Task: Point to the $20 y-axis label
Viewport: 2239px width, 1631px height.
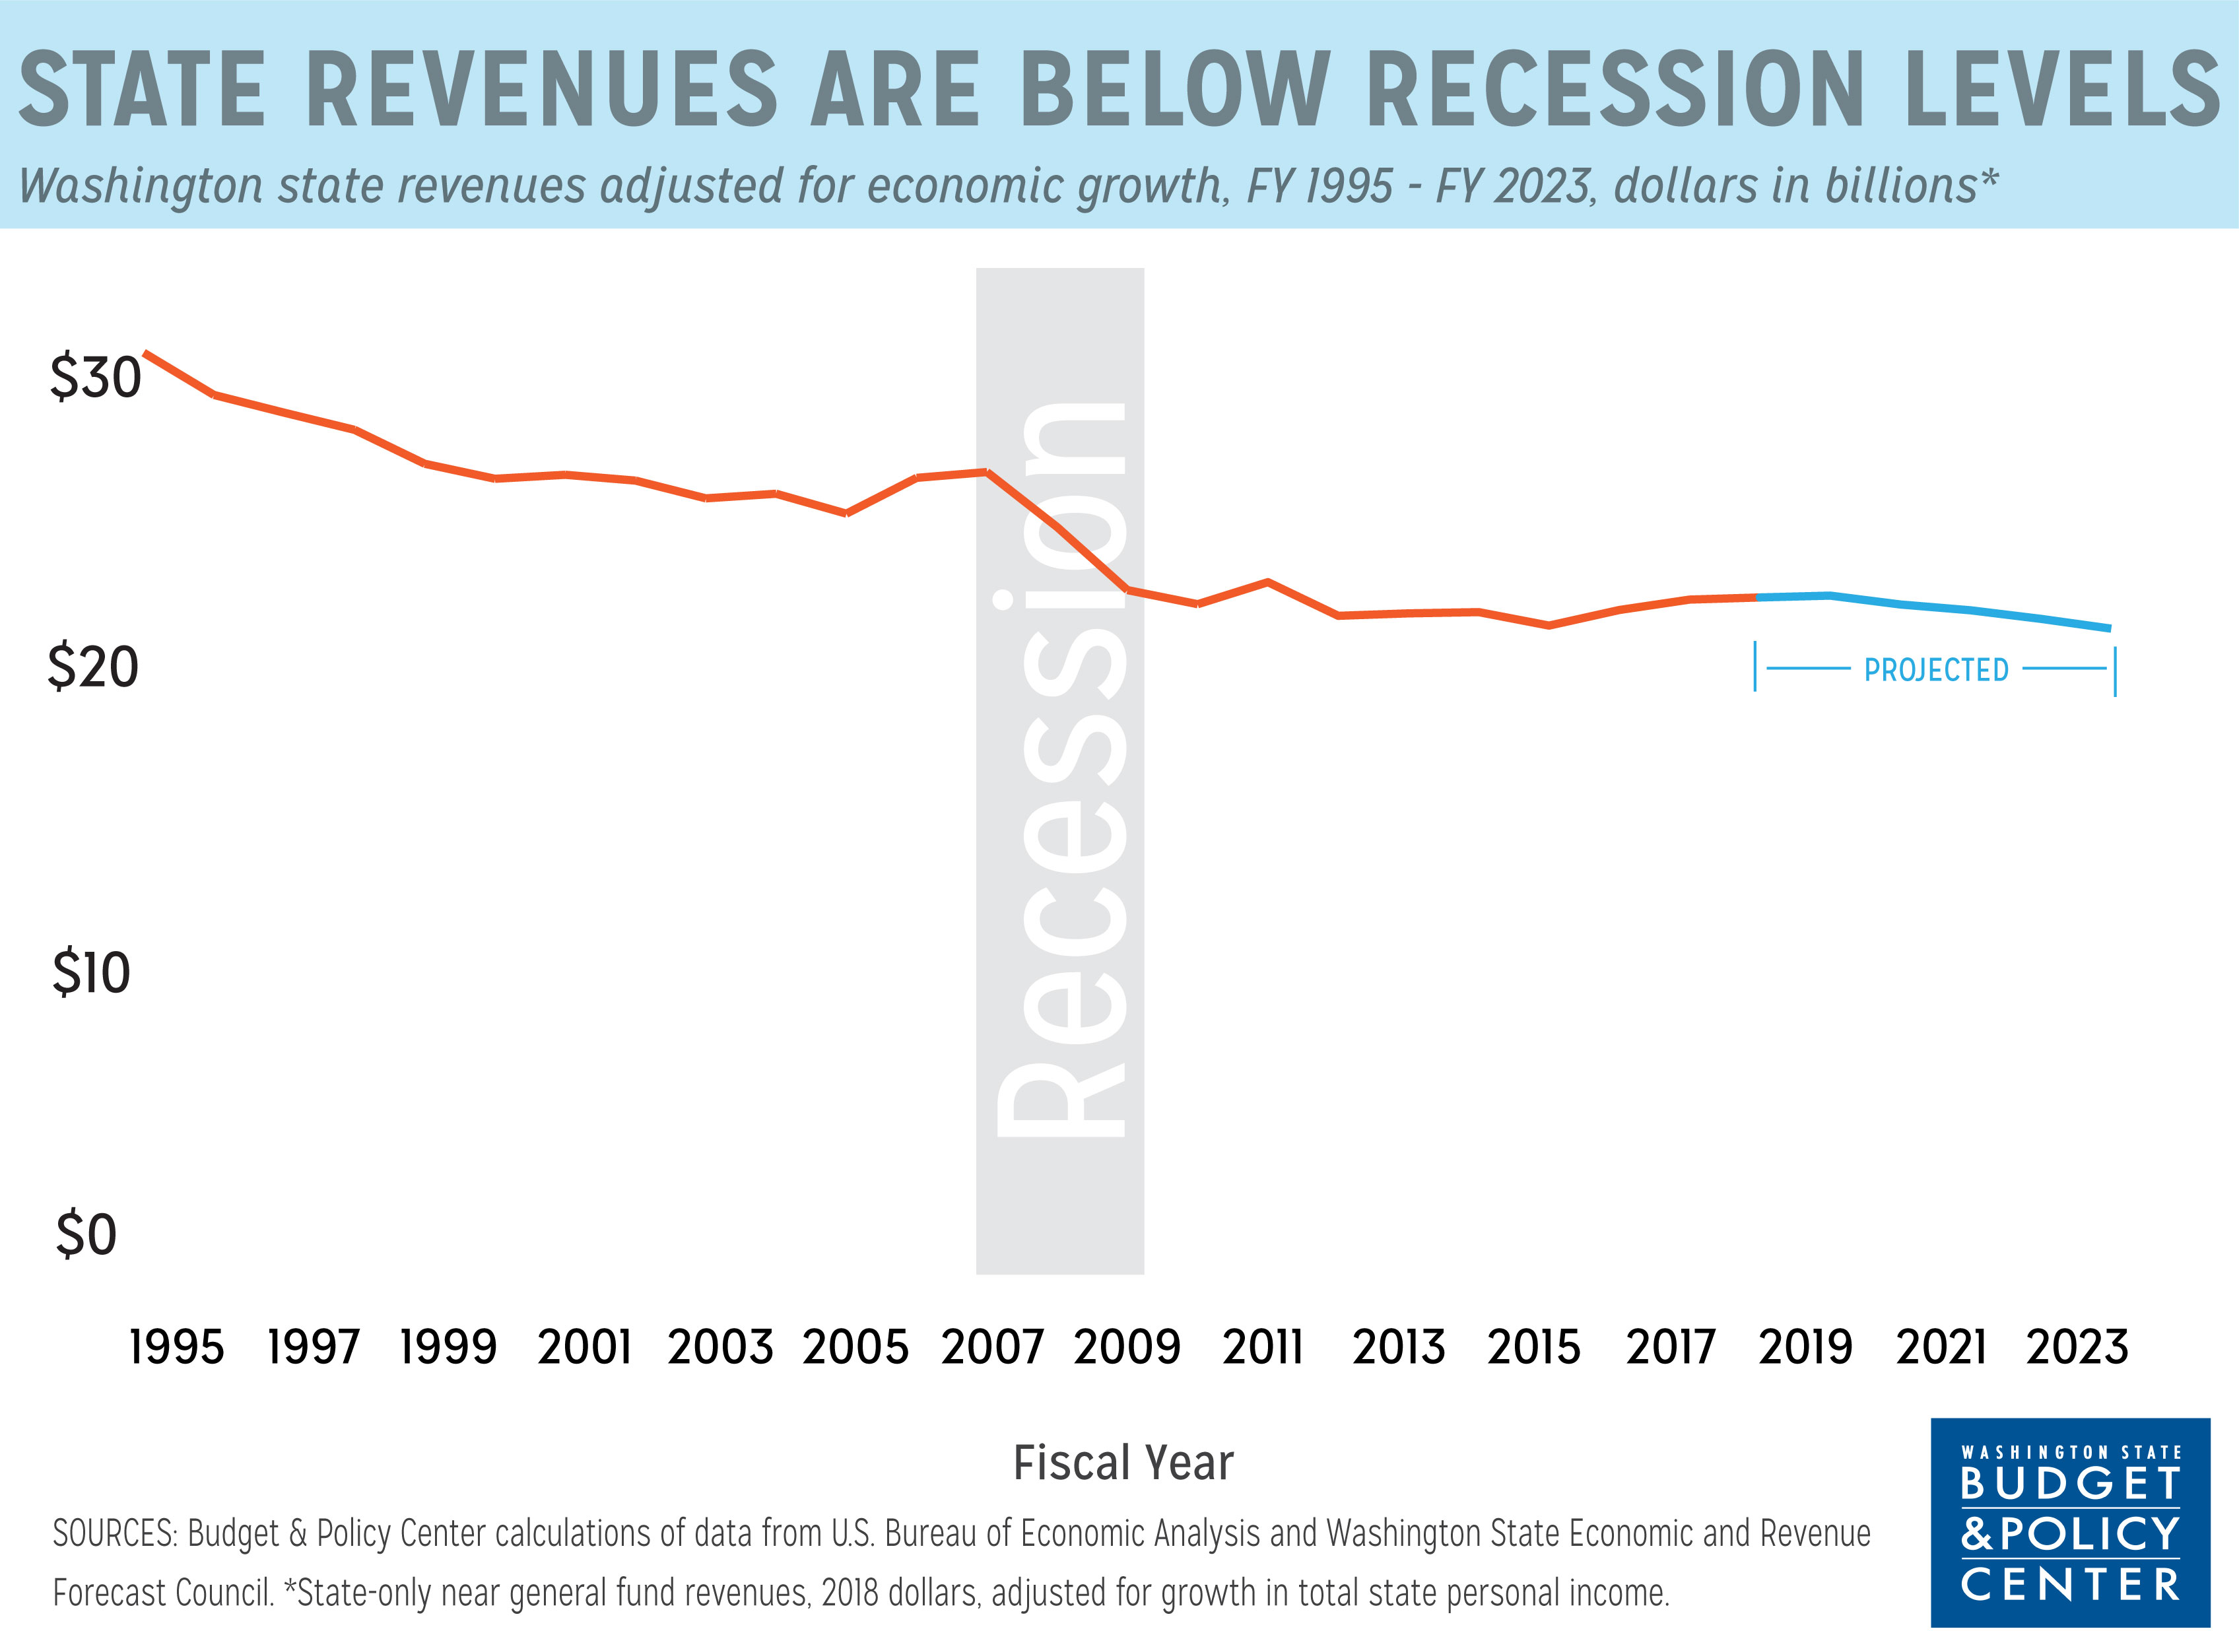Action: [x=93, y=667]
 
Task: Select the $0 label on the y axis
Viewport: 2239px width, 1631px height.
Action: [x=86, y=1234]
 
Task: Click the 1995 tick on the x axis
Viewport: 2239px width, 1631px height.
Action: [x=177, y=1348]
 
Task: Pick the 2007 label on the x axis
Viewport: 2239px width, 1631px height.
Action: [x=991, y=1348]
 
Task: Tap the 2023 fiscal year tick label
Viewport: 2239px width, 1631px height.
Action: [x=2077, y=1348]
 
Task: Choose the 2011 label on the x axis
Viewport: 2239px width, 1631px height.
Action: [x=1263, y=1348]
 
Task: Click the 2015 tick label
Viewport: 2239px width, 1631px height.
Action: [x=1534, y=1348]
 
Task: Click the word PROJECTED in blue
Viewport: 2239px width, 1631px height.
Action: [x=1936, y=671]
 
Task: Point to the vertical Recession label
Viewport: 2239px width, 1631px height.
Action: [x=1060, y=770]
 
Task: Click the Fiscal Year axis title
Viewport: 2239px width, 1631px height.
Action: [x=1123, y=1463]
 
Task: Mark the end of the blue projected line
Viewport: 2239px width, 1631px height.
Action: [x=2109, y=628]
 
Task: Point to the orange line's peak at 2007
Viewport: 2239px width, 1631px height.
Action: [x=986, y=472]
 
